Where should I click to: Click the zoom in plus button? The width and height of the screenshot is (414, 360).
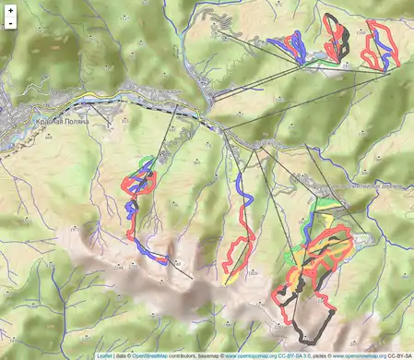click(10, 10)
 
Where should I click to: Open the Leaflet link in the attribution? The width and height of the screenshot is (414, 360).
click(104, 354)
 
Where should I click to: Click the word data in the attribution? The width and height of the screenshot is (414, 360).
click(122, 354)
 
